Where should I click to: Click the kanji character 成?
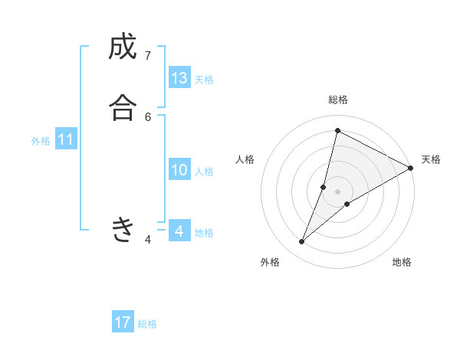(123, 47)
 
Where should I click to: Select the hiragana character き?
(123, 229)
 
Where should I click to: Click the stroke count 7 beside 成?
(148, 56)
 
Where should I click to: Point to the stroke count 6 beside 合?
(148, 116)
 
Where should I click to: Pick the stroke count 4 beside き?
(148, 240)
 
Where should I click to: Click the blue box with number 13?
(179, 78)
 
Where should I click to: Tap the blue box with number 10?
(179, 170)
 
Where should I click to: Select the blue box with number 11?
(66, 139)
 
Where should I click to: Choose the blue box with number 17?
(123, 322)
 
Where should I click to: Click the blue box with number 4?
(179, 231)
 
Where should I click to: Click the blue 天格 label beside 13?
(204, 80)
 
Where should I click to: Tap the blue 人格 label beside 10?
(204, 172)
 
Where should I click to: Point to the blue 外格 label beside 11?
(41, 141)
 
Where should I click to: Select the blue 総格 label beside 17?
(147, 324)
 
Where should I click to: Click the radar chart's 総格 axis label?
(338, 100)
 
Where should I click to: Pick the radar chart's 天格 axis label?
(431, 159)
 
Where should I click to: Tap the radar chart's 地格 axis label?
(402, 263)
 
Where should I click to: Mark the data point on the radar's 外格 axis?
(302, 242)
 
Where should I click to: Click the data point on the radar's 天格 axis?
(411, 168)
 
